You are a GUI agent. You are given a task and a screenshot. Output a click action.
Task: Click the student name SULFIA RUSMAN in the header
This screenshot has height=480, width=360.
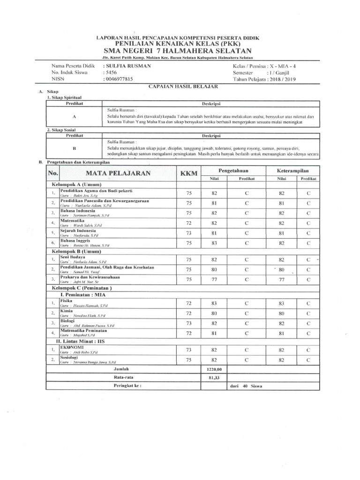pos(128,66)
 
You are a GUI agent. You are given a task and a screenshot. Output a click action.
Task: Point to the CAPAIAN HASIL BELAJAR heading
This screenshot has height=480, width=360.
pos(179,86)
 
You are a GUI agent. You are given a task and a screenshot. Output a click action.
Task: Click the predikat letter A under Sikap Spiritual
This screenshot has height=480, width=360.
pos(75,115)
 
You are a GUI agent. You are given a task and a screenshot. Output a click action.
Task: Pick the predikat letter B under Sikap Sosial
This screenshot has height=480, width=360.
pos(75,147)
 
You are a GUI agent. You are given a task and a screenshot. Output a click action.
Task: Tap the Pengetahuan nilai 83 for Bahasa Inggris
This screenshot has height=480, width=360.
pos(215,243)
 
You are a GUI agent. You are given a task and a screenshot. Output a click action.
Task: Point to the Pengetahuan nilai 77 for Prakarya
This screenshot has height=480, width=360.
pos(215,279)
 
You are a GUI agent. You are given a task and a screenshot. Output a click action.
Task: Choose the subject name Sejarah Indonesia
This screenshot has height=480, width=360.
pos(78,231)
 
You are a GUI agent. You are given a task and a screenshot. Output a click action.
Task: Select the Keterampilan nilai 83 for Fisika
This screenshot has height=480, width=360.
pos(282,303)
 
